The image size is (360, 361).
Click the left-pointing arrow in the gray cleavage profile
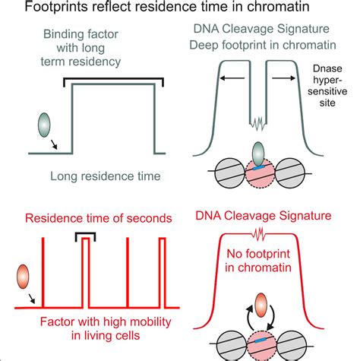pyautogui.click(x=236, y=75)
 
